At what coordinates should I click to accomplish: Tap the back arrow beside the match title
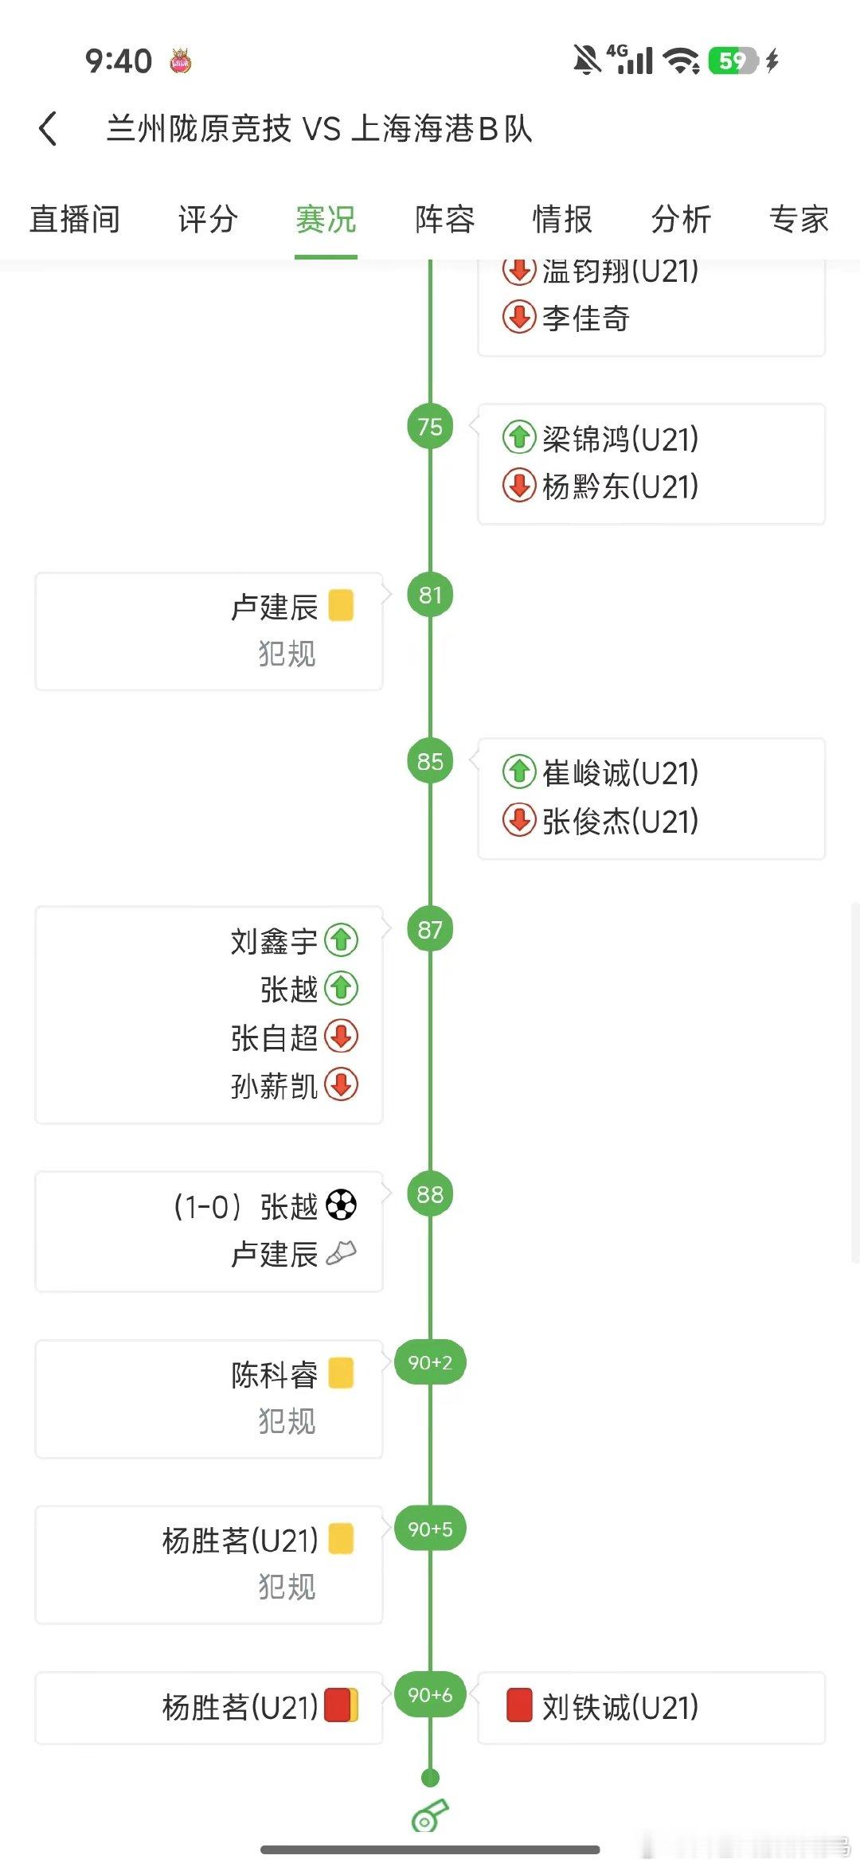click(x=48, y=128)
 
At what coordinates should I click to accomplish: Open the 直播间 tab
click(x=75, y=219)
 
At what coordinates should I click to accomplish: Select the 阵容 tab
click(x=444, y=219)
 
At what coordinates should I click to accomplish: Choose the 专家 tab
click(x=799, y=219)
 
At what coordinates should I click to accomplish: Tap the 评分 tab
click(x=208, y=219)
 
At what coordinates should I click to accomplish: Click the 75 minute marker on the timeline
click(x=430, y=427)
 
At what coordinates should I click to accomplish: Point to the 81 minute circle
click(x=430, y=595)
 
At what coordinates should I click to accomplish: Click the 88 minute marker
click(x=430, y=1194)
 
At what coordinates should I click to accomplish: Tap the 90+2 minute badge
click(x=430, y=1362)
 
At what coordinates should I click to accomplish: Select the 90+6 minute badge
click(x=430, y=1695)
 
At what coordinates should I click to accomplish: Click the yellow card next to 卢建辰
click(x=341, y=605)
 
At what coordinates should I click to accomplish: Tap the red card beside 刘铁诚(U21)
click(x=519, y=1705)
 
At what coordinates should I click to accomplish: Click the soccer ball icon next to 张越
click(x=342, y=1205)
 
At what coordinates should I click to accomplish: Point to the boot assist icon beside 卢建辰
click(x=342, y=1253)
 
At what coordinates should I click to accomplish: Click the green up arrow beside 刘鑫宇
click(x=342, y=940)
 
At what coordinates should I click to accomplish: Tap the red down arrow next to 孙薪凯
click(x=342, y=1084)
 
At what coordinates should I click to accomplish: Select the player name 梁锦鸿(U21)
click(x=620, y=439)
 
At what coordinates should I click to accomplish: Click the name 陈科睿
click(x=274, y=1374)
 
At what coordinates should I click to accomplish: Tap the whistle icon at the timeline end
click(x=430, y=1816)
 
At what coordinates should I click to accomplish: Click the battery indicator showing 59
click(x=733, y=61)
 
